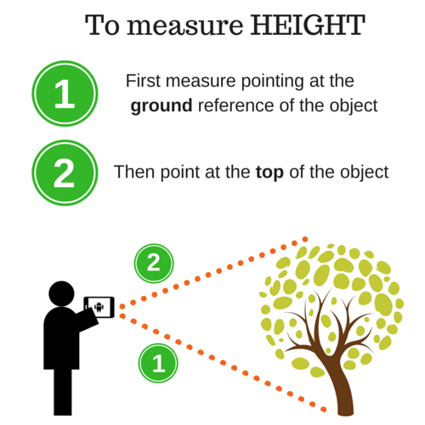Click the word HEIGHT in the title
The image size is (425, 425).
click(x=308, y=25)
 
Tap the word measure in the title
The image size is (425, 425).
click(x=184, y=27)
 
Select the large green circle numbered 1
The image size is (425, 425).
click(x=65, y=93)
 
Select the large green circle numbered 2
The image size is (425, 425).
click(x=65, y=173)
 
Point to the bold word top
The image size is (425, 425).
click(x=269, y=173)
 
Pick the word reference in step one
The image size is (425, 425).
click(x=236, y=105)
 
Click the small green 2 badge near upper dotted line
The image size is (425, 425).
click(x=154, y=263)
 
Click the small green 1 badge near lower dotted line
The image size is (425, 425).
click(x=158, y=363)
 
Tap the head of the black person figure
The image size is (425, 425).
click(x=61, y=293)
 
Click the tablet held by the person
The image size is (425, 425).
click(x=99, y=307)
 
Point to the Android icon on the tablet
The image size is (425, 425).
click(x=99, y=307)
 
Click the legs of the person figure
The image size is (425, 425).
click(x=63, y=392)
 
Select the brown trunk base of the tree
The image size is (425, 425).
click(x=345, y=402)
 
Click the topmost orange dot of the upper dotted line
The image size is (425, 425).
click(x=305, y=240)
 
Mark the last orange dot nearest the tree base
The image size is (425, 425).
click(x=323, y=410)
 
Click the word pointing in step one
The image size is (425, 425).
click(x=273, y=82)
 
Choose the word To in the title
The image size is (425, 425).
click(x=102, y=25)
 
